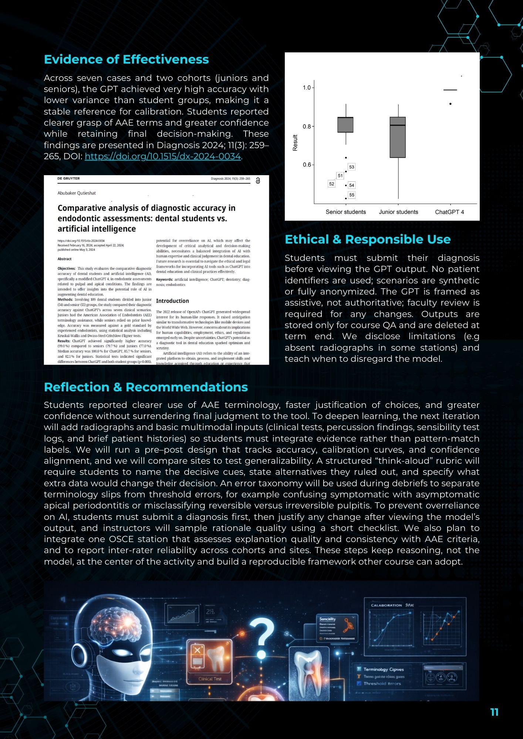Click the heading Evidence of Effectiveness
tap(126, 59)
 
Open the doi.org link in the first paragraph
tap(163, 156)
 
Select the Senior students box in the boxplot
tap(345, 125)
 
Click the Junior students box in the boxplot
tap(398, 137)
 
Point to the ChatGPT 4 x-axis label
tap(449, 212)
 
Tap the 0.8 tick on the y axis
tap(307, 126)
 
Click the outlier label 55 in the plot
tap(352, 195)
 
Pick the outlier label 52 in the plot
tap(331, 184)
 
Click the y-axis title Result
tap(295, 143)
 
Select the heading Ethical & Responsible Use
tap(368, 239)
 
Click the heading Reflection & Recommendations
tap(146, 387)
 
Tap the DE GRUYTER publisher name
tap(68, 178)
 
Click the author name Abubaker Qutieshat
tap(77, 193)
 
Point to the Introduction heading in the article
tap(172, 301)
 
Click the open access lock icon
tap(258, 181)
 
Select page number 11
tap(494, 712)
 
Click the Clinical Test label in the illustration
tap(210, 679)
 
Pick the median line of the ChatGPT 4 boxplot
tap(450, 90)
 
